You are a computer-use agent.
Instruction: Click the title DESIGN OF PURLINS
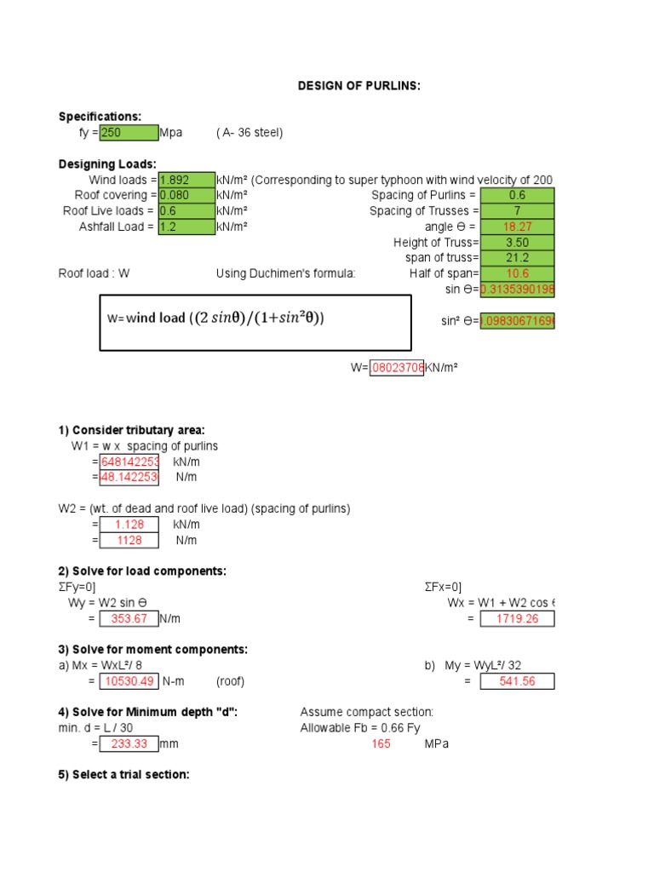point(359,86)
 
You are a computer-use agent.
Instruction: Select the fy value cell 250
point(129,132)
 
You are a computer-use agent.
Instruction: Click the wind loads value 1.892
point(186,180)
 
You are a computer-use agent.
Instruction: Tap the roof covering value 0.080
point(186,195)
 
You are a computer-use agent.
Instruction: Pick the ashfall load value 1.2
point(186,227)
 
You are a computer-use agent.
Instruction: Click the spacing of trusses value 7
point(517,210)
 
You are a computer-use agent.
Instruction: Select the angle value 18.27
point(517,227)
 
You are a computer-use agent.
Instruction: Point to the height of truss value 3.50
point(517,243)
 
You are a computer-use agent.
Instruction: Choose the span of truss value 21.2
point(517,258)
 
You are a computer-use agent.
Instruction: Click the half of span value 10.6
point(517,273)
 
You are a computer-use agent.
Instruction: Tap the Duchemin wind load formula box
point(255,323)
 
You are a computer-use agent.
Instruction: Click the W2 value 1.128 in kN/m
point(129,525)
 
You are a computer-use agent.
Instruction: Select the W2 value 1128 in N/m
point(129,540)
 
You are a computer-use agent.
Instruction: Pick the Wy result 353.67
point(129,618)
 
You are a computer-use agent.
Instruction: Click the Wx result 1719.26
point(517,618)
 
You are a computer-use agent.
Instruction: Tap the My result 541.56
point(517,681)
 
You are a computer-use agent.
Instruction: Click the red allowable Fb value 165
point(381,743)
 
